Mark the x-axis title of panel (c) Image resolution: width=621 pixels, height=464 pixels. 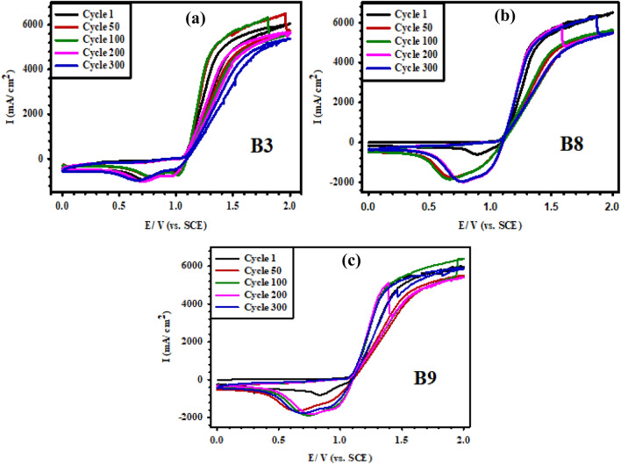pyautogui.click(x=340, y=457)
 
